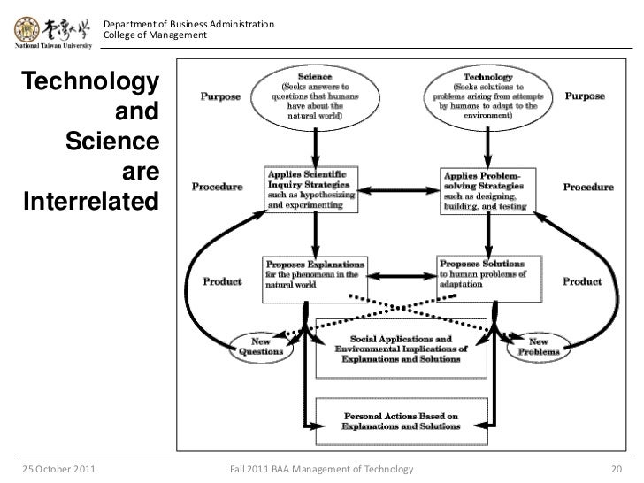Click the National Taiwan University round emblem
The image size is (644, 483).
[27, 29]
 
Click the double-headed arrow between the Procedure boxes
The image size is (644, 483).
[399, 190]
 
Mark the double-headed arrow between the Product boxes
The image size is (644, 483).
[402, 276]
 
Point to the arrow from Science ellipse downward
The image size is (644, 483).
[316, 148]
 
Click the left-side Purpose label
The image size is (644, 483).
[220, 96]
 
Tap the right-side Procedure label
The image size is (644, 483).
[588, 188]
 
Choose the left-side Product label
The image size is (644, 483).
[222, 281]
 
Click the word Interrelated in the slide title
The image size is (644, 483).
[91, 201]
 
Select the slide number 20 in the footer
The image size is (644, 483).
[617, 469]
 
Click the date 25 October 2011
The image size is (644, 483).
[58, 469]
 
